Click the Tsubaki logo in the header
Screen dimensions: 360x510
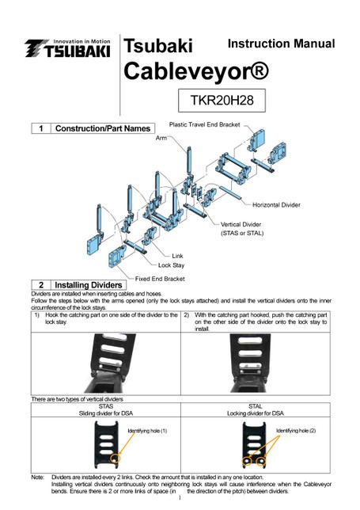pos(67,48)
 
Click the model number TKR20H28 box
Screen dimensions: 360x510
pos(222,100)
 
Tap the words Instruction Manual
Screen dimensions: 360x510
pos(281,44)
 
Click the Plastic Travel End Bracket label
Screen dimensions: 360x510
pos(204,124)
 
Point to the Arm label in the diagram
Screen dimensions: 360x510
pos(161,138)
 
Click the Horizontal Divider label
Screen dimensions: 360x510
pos(276,205)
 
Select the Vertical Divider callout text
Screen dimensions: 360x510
pos(242,229)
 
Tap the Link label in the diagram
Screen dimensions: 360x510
pos(177,256)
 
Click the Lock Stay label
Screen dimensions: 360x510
pos(171,265)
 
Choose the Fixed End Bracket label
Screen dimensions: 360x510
pos(160,279)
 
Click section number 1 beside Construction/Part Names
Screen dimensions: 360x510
pos(41,128)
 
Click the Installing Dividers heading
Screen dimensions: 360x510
pos(88,285)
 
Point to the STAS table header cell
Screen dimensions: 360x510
pos(106,410)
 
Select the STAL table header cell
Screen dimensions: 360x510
pos(256,410)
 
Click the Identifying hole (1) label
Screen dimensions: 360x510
pos(147,431)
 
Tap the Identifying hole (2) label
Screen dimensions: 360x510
pos(296,431)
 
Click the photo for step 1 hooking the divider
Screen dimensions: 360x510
pos(106,363)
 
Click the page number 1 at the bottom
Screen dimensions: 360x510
pos(180,498)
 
